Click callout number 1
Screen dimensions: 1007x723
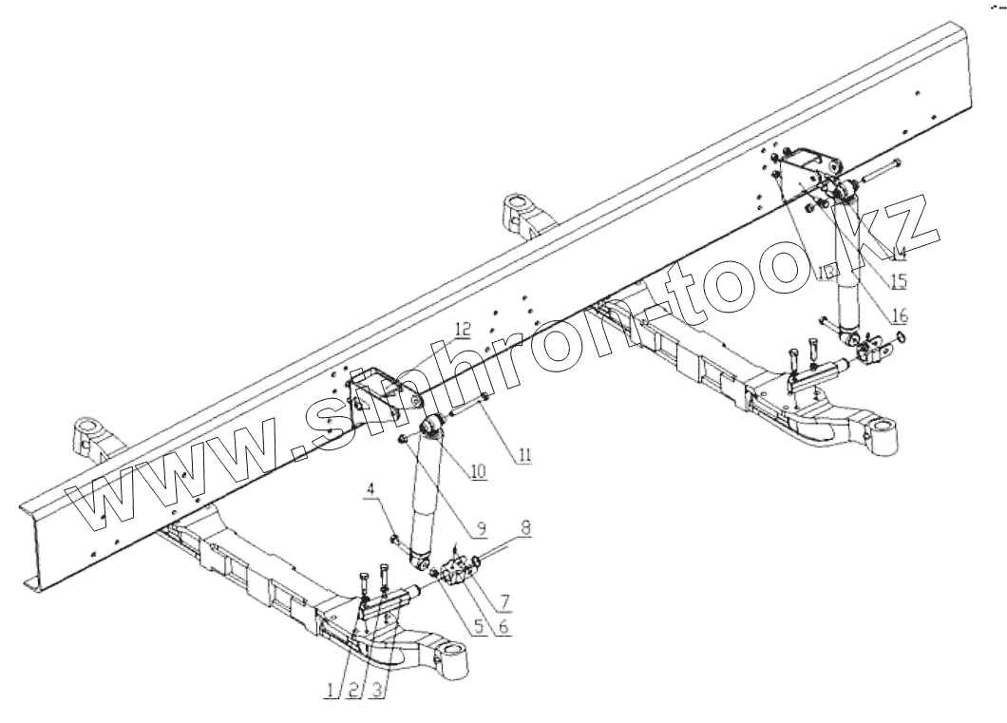332,691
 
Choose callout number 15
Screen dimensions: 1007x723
897,281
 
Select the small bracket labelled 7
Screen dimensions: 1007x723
465,575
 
